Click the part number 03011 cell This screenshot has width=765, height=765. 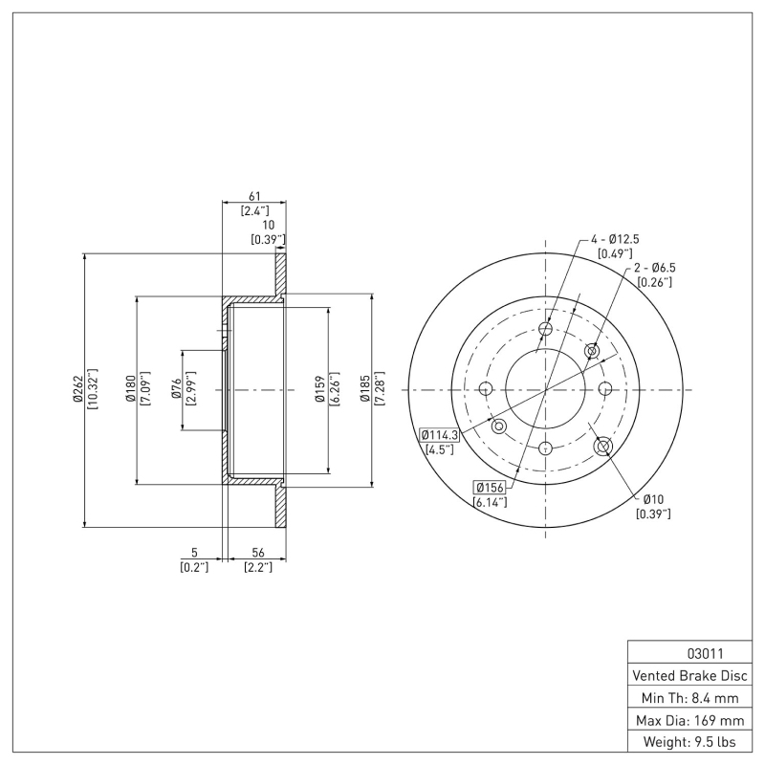[x=688, y=654]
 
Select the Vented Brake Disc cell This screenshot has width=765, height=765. [x=689, y=675]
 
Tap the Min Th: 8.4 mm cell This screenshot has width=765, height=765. [x=689, y=698]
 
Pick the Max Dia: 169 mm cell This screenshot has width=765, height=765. [x=689, y=719]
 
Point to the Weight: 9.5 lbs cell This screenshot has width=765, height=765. [x=689, y=741]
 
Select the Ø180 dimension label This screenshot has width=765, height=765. [x=131, y=389]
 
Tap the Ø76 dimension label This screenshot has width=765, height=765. [x=177, y=389]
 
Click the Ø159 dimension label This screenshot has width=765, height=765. [x=321, y=389]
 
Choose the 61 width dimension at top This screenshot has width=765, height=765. [x=253, y=194]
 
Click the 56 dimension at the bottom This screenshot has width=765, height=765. [x=257, y=552]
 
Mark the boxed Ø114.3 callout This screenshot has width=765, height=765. [x=440, y=434]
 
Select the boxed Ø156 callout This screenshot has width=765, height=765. [x=490, y=488]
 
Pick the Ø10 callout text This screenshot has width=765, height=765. [x=653, y=498]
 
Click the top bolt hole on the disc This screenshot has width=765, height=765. [x=545, y=330]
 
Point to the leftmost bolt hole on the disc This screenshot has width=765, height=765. [x=485, y=389]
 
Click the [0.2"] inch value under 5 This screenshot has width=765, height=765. [x=194, y=567]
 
